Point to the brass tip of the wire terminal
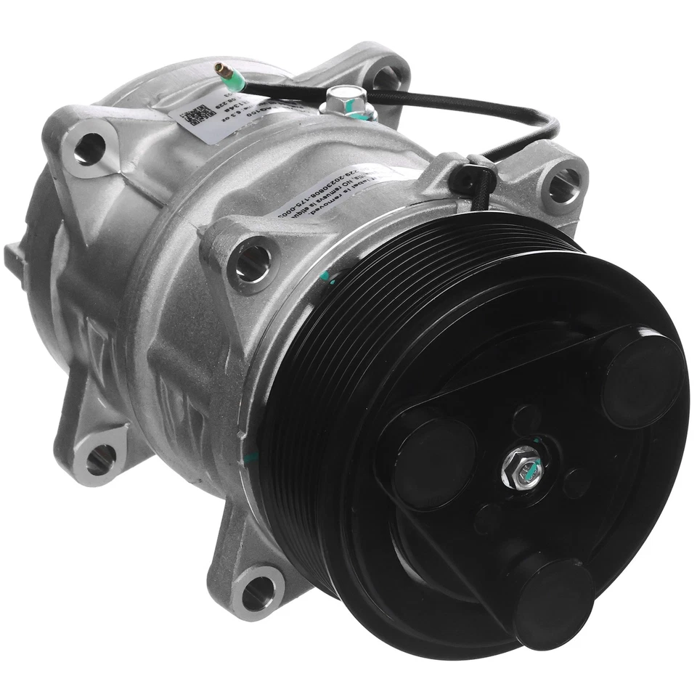(x=219, y=69)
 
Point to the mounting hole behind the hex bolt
(x=386, y=78)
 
